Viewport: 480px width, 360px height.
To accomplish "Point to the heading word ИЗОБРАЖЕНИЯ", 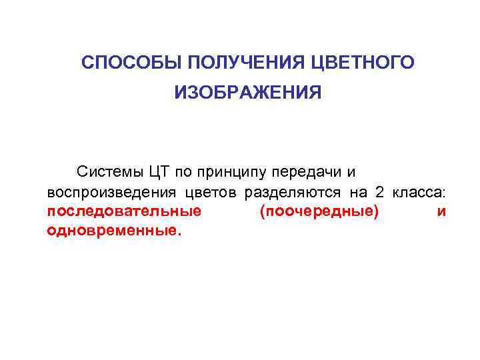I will tap(248, 93).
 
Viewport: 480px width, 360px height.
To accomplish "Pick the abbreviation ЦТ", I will tap(159, 172).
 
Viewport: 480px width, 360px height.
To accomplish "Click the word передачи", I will tap(307, 173).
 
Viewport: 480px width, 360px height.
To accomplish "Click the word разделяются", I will tap(293, 193).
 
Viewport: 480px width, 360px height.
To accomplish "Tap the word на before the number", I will tap(358, 193).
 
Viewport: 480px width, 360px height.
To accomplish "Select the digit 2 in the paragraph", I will tap(379, 193).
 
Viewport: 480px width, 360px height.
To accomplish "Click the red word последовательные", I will tap(125, 213).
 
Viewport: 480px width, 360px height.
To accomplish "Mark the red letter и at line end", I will tap(441, 213).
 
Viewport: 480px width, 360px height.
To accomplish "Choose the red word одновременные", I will tap(114, 232).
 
